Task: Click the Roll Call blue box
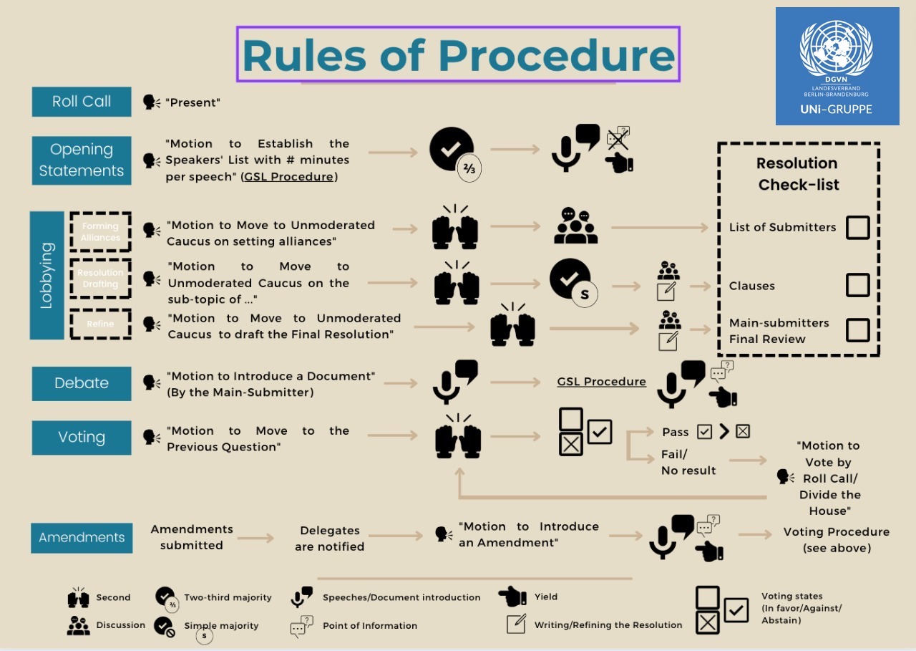pos(82,102)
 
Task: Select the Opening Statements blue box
pos(82,160)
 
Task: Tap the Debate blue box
pos(82,383)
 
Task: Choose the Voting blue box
pos(82,438)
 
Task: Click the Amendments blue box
pos(82,538)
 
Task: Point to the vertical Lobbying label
pos(47,276)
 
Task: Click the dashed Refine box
pos(100,324)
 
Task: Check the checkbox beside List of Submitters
pos(857,227)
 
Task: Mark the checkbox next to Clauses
pos(857,285)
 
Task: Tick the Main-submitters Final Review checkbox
pos(857,330)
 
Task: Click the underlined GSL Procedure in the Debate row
pos(601,382)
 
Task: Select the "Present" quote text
pos(193,102)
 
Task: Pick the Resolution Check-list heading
pos(798,174)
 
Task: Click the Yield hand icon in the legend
pos(512,596)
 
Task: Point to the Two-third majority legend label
pos(228,597)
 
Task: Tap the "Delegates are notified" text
pos(330,539)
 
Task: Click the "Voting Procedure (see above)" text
pos(836,540)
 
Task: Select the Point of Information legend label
pos(370,625)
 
